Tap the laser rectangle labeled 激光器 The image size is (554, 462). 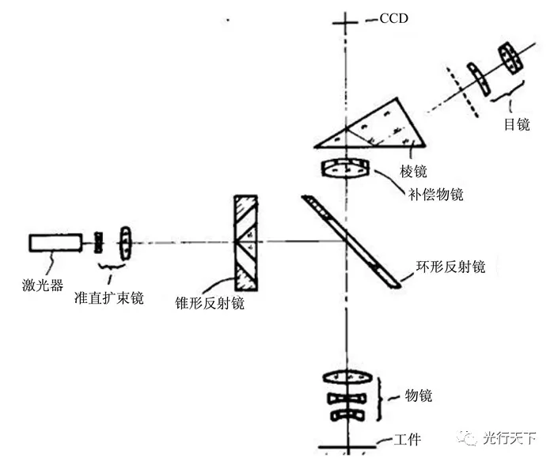(55, 242)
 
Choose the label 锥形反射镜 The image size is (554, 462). (209, 302)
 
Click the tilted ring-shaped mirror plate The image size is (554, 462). (348, 240)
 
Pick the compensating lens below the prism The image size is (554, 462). (345, 169)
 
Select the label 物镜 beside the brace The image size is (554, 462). (419, 395)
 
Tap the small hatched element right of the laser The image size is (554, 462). (99, 242)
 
